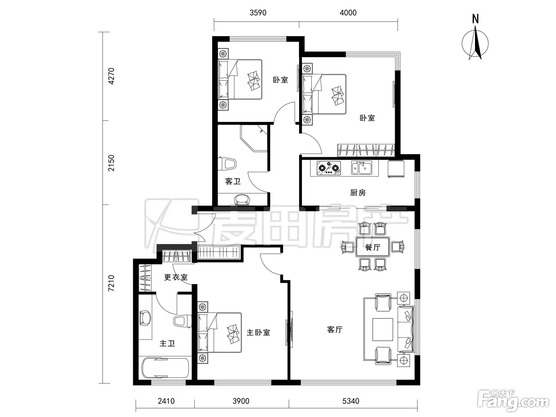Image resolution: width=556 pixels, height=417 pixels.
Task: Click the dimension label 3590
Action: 258,13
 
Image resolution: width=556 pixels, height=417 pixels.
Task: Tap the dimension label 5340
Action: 351,401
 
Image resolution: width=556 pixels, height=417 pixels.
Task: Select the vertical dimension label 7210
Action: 111,283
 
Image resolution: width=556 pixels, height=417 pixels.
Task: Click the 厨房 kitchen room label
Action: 358,193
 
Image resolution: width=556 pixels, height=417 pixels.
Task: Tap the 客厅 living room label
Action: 335,330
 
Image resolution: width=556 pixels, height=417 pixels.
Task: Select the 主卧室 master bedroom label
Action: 258,332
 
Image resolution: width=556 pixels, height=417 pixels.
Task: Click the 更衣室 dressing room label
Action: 176,277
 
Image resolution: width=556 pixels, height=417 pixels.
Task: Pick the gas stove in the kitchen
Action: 328,168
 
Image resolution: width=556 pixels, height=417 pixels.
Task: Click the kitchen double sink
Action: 362,168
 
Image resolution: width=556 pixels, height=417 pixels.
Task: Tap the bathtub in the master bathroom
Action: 165,368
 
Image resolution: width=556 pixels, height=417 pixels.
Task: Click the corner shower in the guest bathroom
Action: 254,138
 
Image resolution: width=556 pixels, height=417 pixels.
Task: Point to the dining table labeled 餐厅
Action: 373,247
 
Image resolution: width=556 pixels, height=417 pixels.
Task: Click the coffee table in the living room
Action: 382,329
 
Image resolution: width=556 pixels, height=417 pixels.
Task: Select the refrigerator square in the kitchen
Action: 396,169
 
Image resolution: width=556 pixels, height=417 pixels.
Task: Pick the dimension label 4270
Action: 111,76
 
